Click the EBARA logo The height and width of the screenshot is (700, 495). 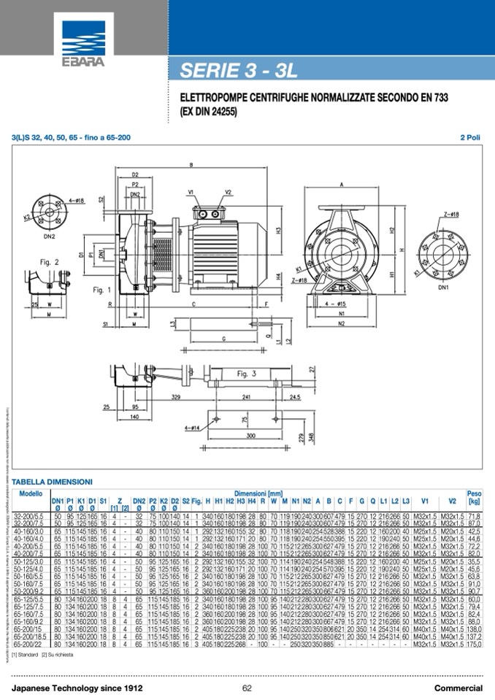[x=84, y=42]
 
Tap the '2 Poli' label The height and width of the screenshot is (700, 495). [x=470, y=137]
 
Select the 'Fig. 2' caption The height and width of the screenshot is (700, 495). [x=50, y=261]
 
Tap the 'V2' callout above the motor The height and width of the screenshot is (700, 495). [x=229, y=192]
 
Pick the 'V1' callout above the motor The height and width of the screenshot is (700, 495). [x=191, y=192]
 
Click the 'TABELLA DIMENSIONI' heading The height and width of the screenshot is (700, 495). [x=52, y=482]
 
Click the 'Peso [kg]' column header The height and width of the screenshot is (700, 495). [x=474, y=498]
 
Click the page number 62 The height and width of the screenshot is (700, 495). [x=247, y=688]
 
